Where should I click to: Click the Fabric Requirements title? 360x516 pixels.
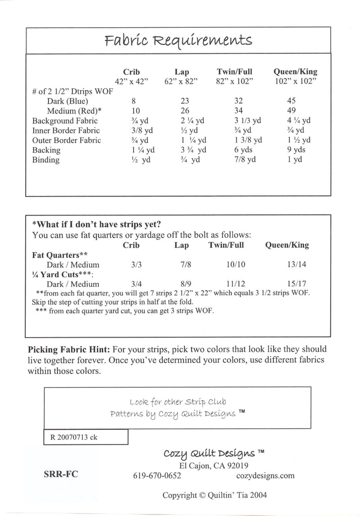click(x=179, y=40)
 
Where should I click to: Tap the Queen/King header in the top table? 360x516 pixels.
click(x=295, y=72)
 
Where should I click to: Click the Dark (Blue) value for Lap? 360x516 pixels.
click(x=185, y=101)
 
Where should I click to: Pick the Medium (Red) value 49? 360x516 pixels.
click(x=291, y=111)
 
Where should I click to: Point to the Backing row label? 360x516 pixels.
click(x=46, y=150)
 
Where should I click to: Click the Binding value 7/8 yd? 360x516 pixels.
click(x=245, y=160)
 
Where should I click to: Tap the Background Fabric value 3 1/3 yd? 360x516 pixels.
click(x=248, y=120)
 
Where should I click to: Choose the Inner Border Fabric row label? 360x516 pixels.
click(x=66, y=131)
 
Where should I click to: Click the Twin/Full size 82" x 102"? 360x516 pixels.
click(x=234, y=81)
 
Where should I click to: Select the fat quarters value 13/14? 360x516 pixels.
click(x=296, y=265)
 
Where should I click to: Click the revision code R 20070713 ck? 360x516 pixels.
click(x=74, y=437)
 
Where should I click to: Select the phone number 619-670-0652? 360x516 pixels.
click(x=157, y=475)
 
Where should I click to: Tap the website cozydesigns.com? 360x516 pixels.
click(x=265, y=475)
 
